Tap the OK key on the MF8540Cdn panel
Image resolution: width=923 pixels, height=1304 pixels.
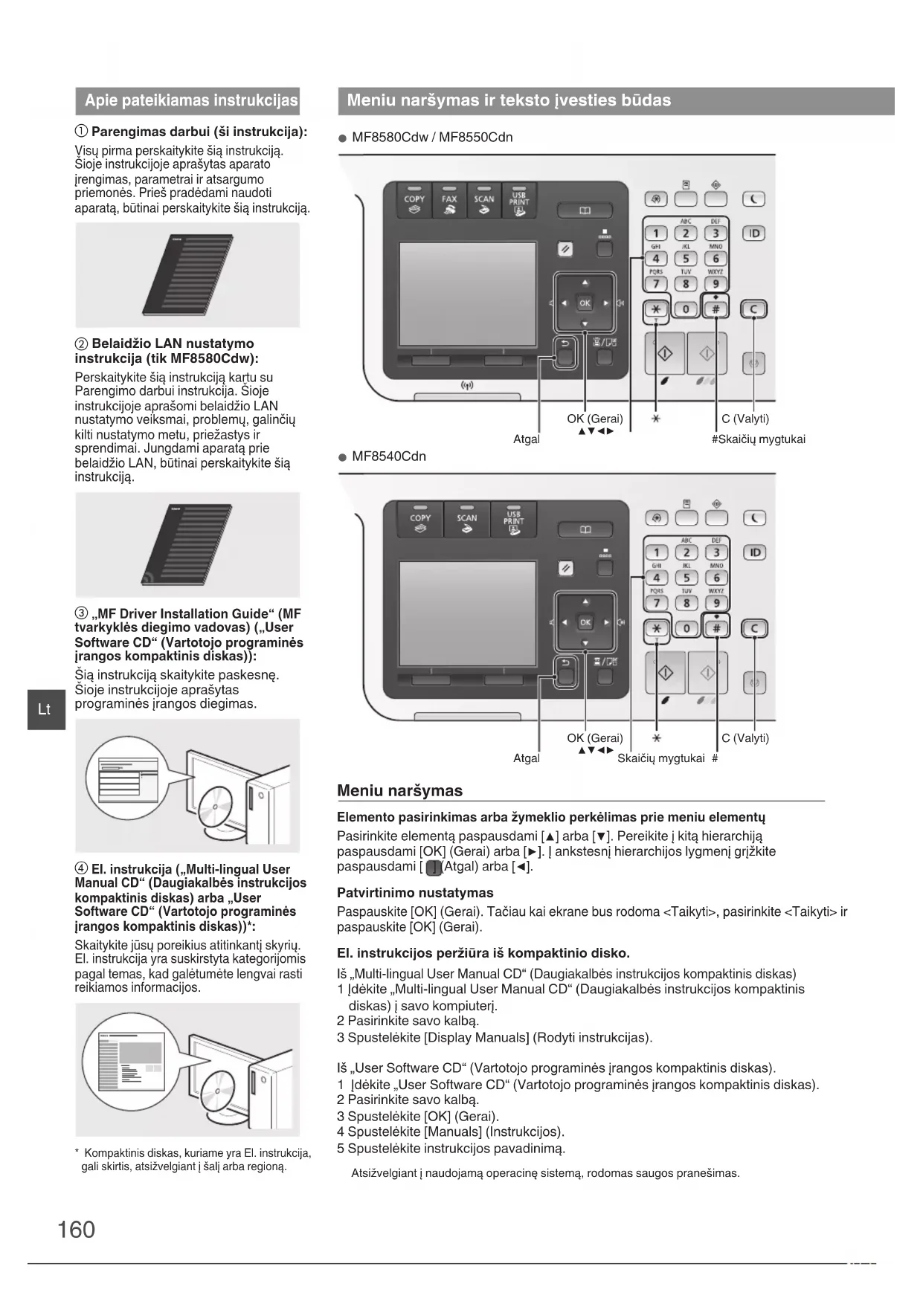click(x=585, y=622)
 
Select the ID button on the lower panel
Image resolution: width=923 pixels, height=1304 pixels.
click(x=754, y=552)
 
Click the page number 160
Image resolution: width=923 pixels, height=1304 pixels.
click(x=76, y=1229)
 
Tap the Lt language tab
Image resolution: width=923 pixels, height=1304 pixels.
click(x=45, y=709)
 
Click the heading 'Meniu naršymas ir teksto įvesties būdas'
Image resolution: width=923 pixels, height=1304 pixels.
click(x=509, y=100)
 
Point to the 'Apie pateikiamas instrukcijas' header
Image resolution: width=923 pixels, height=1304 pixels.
click(x=190, y=100)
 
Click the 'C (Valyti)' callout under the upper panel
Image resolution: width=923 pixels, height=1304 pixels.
click(x=745, y=419)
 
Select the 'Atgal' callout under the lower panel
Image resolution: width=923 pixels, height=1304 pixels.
click(x=527, y=758)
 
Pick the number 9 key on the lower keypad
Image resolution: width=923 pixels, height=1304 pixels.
click(x=716, y=603)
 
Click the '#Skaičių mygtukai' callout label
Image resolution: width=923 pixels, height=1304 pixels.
click(x=758, y=439)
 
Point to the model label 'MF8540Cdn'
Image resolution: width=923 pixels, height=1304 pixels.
click(x=388, y=456)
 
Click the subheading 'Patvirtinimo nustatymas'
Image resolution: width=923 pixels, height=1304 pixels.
click(x=415, y=893)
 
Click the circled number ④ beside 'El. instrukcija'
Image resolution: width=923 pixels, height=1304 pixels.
click(x=81, y=869)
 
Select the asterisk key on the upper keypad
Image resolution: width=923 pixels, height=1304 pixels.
click(x=655, y=310)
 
